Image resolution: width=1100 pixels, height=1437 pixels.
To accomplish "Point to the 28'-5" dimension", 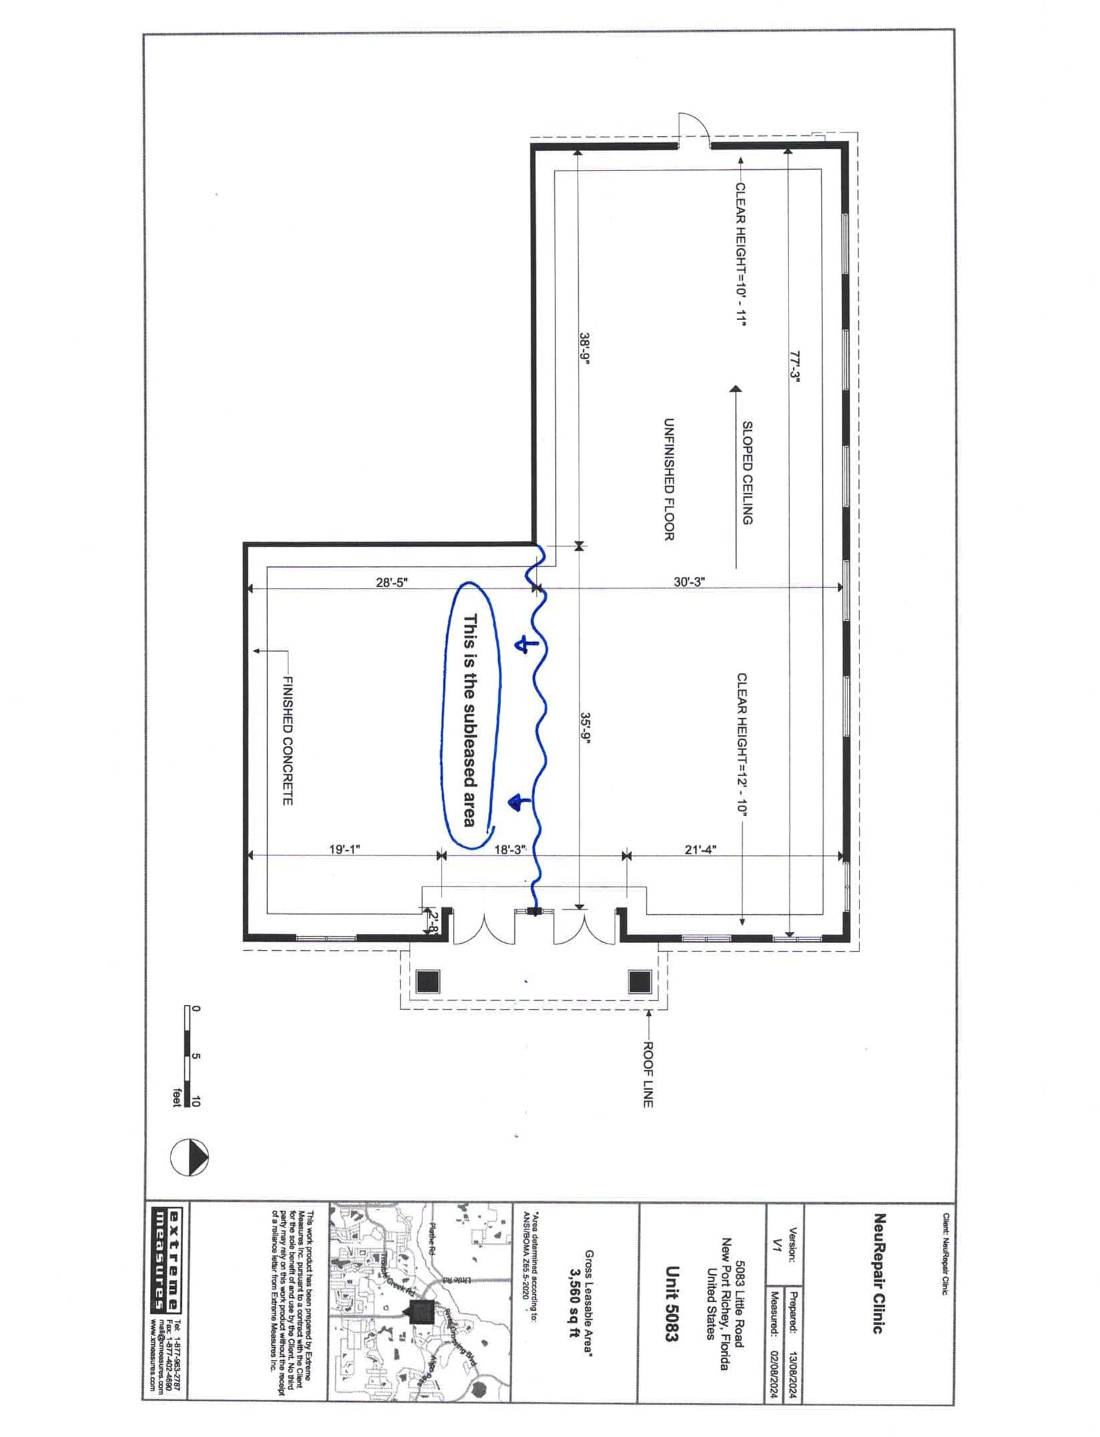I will click(391, 582).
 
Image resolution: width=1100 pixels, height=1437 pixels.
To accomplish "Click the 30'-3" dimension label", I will click(689, 582).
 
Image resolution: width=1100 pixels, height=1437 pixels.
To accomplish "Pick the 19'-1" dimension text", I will click(344, 849).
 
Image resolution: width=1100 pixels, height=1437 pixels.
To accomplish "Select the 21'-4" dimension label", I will click(700, 849).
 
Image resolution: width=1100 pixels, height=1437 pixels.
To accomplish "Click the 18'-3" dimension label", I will click(510, 849).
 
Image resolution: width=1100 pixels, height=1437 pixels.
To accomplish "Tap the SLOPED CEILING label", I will click(747, 472).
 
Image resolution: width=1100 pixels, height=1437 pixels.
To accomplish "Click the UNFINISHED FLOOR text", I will click(669, 479).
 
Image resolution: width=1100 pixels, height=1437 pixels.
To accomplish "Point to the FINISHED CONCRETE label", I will click(286, 740).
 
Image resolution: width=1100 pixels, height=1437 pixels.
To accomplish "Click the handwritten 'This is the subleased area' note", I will click(470, 721).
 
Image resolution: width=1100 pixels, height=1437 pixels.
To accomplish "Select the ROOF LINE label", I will click(648, 1074).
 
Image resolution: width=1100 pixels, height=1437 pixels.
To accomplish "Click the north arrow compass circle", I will click(189, 1156).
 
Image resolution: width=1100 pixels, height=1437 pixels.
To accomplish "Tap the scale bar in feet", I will click(188, 1056).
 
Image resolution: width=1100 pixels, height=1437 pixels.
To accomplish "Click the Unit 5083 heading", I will click(671, 1304).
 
